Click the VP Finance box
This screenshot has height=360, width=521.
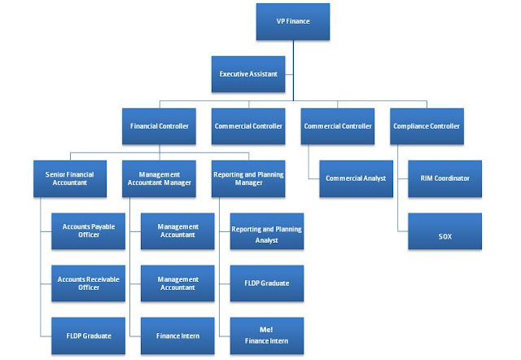[294, 22]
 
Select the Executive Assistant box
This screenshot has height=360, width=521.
[248, 73]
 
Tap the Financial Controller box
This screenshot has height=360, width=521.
[160, 126]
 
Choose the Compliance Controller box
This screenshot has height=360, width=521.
[427, 126]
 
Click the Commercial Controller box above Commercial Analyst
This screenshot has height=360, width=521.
[338, 126]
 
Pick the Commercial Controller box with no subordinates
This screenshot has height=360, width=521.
[248, 126]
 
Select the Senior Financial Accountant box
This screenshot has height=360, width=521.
[72, 178]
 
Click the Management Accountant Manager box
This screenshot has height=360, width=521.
[160, 178]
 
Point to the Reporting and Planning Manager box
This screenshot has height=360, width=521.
[248, 178]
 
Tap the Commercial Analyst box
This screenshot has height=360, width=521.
[356, 178]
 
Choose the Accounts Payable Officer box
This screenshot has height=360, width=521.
[89, 230]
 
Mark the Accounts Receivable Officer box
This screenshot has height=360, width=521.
[89, 283]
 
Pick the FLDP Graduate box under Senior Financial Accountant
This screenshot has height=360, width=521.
[89, 335]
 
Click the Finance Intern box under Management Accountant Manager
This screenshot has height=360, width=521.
[177, 335]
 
